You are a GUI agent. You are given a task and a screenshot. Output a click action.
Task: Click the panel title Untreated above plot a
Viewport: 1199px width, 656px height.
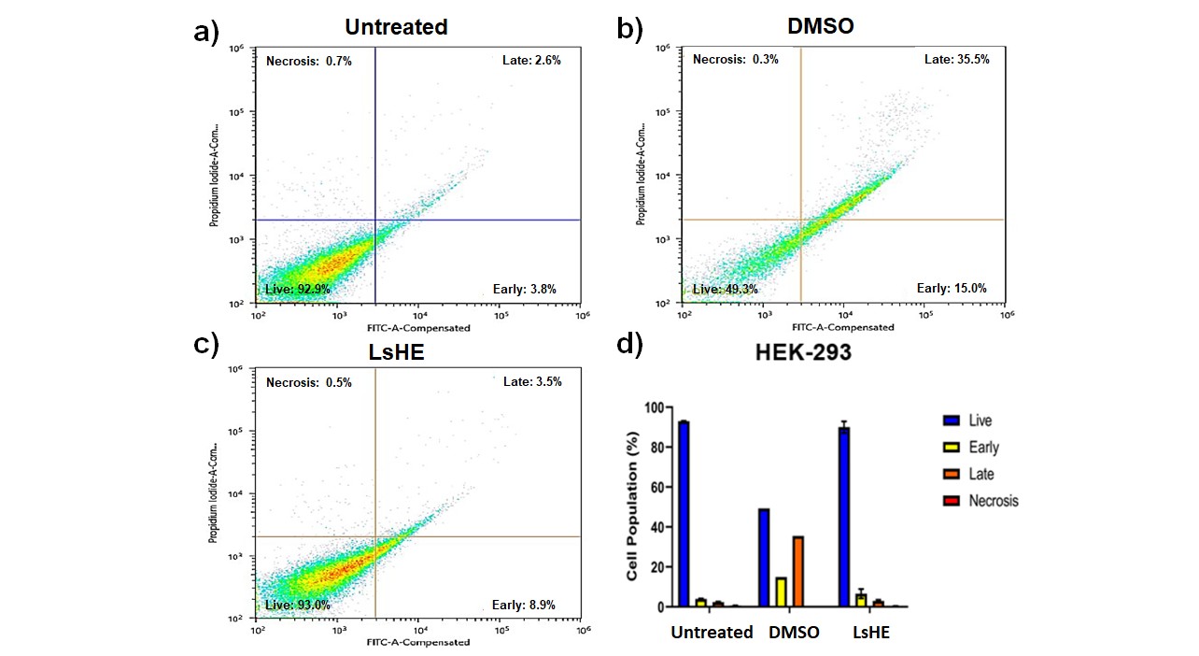pyautogui.click(x=396, y=27)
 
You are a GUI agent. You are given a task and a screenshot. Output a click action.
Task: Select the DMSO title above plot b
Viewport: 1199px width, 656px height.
pyautogui.click(x=821, y=26)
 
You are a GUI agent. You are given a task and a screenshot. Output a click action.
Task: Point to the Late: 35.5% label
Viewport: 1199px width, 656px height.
pyautogui.click(x=956, y=60)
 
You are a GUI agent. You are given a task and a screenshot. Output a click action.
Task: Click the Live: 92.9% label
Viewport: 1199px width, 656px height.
pyautogui.click(x=297, y=290)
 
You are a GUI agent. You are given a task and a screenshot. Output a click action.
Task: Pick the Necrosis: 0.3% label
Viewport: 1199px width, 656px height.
pyautogui.click(x=735, y=60)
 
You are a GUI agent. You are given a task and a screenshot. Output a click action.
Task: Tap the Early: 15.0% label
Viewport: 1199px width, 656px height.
pyautogui.click(x=952, y=289)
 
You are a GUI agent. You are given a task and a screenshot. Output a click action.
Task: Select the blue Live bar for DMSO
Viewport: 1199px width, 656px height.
pyautogui.click(x=764, y=558)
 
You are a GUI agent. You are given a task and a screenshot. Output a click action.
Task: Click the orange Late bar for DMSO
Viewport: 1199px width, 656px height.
pyautogui.click(x=798, y=571)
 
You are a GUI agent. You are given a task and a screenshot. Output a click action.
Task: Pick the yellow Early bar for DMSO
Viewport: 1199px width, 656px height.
pyautogui.click(x=781, y=592)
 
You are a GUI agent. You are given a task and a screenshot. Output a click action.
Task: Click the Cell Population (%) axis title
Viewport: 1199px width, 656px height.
pyautogui.click(x=632, y=506)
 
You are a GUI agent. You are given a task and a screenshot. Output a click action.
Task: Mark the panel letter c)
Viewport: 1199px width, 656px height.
pyautogui.click(x=205, y=344)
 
